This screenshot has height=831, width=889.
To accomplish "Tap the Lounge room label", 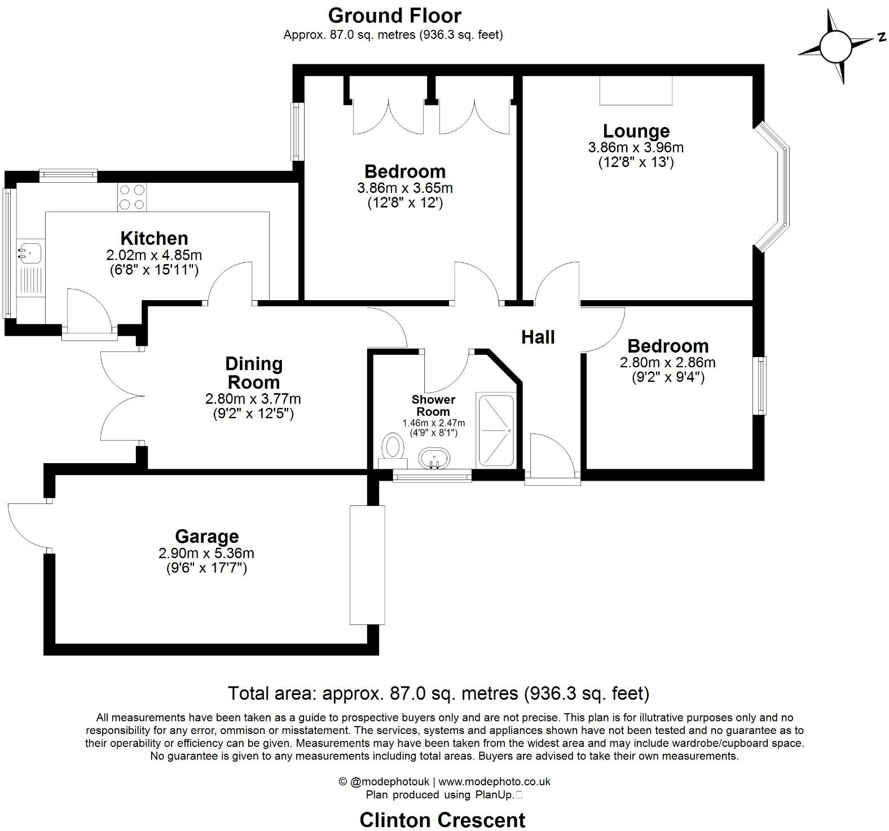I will (636, 131).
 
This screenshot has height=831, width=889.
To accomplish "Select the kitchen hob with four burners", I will (132, 197).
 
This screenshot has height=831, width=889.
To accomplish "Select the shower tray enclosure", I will (496, 430).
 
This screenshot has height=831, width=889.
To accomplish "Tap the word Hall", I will (538, 337).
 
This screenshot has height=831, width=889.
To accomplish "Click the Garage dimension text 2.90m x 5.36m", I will (206, 553).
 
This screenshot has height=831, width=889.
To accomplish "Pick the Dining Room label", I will (253, 372).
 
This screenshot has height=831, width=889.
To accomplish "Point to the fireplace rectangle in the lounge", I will (636, 90).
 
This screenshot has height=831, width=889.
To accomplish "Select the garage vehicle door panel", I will (367, 565).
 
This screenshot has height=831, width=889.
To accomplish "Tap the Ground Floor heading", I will (394, 15).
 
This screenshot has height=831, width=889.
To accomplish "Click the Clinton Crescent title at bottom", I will (442, 819).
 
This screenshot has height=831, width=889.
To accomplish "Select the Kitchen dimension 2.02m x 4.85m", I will (154, 255).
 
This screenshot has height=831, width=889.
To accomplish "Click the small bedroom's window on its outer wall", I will (761, 385).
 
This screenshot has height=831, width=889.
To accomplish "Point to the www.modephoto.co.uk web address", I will (494, 782).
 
